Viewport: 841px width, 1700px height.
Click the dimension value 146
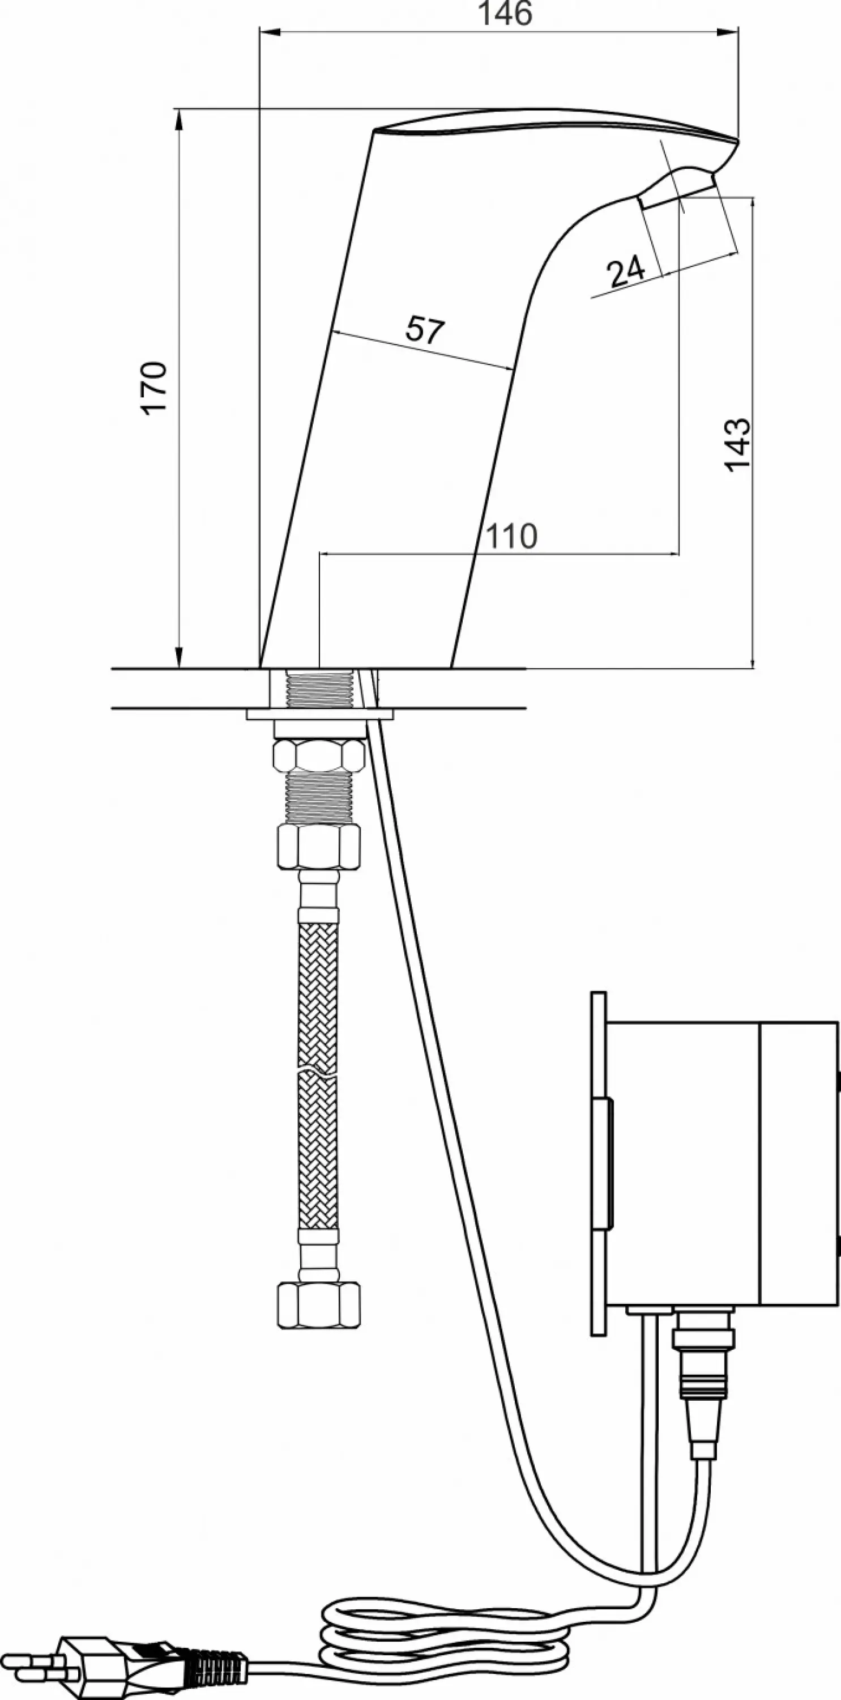(505, 13)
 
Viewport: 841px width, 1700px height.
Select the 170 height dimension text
(156, 388)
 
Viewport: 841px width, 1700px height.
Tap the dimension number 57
(425, 330)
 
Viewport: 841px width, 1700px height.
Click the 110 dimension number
(512, 537)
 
